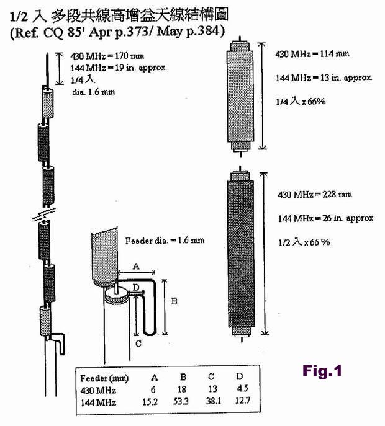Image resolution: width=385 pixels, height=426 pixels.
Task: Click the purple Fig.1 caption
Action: [x=322, y=371]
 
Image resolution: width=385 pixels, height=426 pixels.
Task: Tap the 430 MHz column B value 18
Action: [x=182, y=389]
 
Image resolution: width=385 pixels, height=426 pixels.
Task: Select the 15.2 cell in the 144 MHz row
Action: [x=150, y=402]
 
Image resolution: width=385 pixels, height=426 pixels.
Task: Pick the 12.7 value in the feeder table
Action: [x=242, y=400]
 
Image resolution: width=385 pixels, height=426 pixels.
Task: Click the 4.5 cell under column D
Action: [x=242, y=388]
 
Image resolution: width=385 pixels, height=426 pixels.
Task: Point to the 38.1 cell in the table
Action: [x=214, y=401]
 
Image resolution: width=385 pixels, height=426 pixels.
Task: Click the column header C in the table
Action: [x=211, y=376]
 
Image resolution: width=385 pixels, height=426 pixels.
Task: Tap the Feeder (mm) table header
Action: [x=104, y=378]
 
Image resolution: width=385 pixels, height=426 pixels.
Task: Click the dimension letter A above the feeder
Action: [x=137, y=266]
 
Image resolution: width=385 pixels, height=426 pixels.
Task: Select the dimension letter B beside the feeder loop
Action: [x=174, y=301]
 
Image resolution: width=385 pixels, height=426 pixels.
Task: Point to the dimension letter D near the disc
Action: [x=137, y=287]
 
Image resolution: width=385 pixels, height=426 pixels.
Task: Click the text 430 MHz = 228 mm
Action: [x=315, y=195]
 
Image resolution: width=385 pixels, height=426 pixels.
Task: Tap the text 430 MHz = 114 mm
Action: [x=312, y=54]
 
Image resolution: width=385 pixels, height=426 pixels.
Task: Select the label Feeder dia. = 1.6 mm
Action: [x=165, y=241]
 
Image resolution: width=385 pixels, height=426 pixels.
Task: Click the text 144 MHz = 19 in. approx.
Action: [x=119, y=68]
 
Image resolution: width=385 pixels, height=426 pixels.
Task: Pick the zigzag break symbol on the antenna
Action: [x=44, y=215]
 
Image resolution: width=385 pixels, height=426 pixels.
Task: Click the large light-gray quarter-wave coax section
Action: [x=240, y=97]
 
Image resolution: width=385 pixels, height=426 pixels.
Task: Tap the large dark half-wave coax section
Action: [x=241, y=254]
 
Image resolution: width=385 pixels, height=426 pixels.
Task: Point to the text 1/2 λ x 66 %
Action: [x=304, y=242]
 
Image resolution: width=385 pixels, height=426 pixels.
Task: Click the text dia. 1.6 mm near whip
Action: [x=94, y=92]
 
